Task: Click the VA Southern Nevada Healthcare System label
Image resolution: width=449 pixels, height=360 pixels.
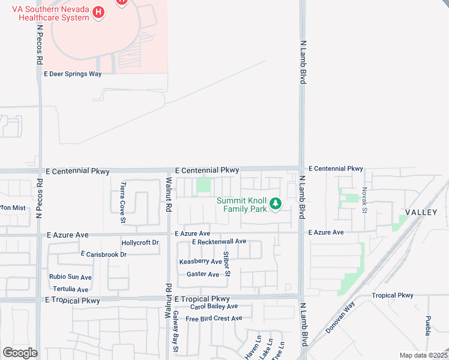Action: pyautogui.click(x=50, y=13)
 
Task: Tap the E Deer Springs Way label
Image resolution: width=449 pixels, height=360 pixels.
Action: pyautogui.click(x=73, y=74)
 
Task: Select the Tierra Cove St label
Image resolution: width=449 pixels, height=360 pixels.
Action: pyautogui.click(x=122, y=194)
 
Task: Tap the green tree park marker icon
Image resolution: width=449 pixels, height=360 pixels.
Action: pyautogui.click(x=276, y=205)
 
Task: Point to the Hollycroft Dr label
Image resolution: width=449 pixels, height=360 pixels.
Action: pyautogui.click(x=140, y=243)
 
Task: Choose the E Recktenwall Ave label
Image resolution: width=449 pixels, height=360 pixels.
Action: pyautogui.click(x=219, y=241)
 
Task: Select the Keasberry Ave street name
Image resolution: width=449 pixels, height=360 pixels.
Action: pyautogui.click(x=200, y=262)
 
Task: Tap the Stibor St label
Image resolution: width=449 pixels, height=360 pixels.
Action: pyautogui.click(x=227, y=265)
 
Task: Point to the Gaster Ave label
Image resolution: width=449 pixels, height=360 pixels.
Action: pyautogui.click(x=203, y=274)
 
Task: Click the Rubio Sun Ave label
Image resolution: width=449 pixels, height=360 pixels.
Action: pyautogui.click(x=70, y=277)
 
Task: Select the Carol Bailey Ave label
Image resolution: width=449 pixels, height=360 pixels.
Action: pyautogui.click(x=214, y=307)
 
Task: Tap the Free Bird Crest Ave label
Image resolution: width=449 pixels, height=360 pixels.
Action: pyautogui.click(x=214, y=318)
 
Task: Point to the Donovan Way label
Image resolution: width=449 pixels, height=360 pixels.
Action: pyautogui.click(x=341, y=321)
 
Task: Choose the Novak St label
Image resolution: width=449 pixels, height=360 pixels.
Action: pyautogui.click(x=364, y=200)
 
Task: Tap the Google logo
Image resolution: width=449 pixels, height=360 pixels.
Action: pyautogui.click(x=20, y=353)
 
